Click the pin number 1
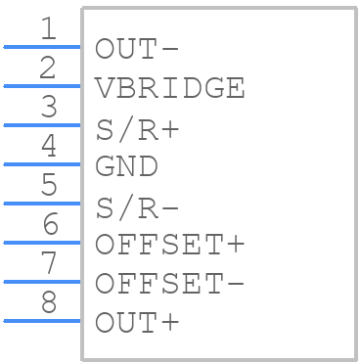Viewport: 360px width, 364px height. click(49, 28)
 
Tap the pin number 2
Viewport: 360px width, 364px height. click(48, 68)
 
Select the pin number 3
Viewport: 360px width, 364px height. click(49, 107)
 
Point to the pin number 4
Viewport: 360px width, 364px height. click(49, 146)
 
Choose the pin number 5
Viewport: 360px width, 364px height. click(49, 185)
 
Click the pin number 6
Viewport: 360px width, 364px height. click(50, 224)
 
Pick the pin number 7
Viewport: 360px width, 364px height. click(49, 263)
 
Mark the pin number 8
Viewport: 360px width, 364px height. click(49, 302)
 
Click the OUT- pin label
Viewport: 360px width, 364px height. click(137, 49)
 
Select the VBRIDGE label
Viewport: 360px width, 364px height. click(170, 88)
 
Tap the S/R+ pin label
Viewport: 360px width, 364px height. click(138, 129)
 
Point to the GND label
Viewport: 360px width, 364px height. click(126, 166)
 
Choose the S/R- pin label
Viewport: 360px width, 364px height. click(138, 207)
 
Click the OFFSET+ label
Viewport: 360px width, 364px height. click(170, 245)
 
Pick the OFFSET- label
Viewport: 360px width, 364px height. click(170, 284)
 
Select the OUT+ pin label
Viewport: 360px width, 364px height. click(137, 323)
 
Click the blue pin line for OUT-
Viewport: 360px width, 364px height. click(42, 47)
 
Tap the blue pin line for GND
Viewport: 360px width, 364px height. click(42, 164)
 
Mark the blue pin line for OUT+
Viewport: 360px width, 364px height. click(42, 321)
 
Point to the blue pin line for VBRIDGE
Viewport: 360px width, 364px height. click(42, 86)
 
